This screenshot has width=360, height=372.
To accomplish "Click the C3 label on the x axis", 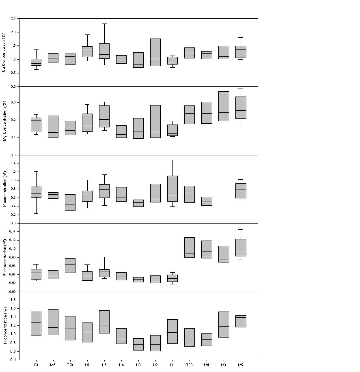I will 36,365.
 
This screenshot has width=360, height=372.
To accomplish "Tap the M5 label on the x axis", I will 241,365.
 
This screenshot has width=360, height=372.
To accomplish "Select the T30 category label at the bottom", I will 189,365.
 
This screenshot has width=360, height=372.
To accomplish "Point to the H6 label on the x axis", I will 104,365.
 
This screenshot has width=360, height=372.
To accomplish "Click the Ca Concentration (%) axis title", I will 4,52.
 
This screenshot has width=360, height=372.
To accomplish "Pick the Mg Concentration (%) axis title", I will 4,120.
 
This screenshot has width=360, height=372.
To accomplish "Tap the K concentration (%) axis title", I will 4,189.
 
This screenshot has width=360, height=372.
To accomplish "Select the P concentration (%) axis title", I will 4,258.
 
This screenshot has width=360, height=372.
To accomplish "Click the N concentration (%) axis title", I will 4,326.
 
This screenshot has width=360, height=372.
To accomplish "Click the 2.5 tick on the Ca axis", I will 13,19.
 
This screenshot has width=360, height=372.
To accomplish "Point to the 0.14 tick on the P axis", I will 13,231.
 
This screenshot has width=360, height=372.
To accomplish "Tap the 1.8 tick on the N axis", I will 13,300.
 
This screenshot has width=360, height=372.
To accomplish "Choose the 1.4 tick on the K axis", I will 13,163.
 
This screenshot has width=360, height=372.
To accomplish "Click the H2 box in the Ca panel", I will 155,52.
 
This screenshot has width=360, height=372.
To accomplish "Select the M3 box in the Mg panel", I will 224,106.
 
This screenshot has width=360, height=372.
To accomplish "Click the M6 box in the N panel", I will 53,322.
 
